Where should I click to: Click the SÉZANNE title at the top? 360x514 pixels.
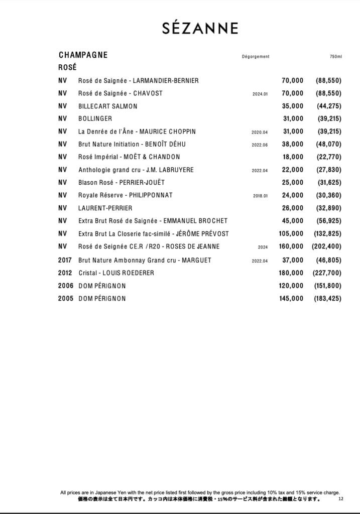[x=200, y=29]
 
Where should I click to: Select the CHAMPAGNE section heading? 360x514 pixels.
[x=83, y=55]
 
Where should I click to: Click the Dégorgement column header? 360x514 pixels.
[x=256, y=56]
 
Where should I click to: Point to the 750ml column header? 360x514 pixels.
[x=336, y=56]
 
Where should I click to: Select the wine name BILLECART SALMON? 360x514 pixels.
[x=108, y=106]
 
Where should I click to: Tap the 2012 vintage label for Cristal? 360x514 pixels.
[x=66, y=273]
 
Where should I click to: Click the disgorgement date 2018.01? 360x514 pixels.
[x=261, y=196]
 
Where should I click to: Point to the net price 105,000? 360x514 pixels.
[x=291, y=233]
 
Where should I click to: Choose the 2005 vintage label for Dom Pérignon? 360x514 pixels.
[x=66, y=299]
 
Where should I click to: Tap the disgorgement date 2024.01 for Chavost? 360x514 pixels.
[x=260, y=94]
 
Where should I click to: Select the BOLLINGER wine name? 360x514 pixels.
[x=95, y=119]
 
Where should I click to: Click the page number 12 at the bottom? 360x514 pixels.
[x=341, y=499]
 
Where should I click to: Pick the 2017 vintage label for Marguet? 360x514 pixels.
[x=66, y=260]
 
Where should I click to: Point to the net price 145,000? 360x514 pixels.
[x=291, y=299]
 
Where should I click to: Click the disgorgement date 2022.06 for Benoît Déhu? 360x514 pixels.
[x=260, y=145]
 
